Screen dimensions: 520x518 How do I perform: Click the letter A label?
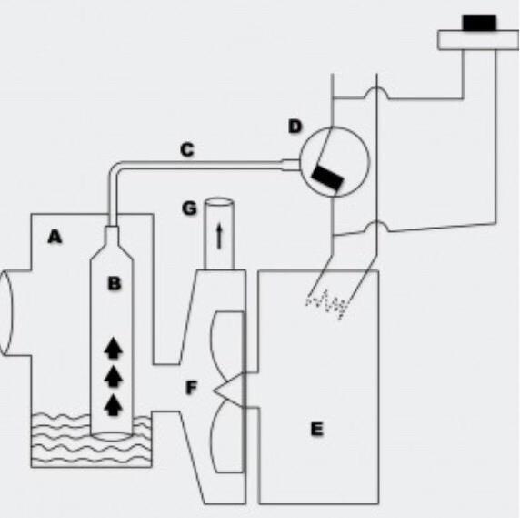(x=55, y=237)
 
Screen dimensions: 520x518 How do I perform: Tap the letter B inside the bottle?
(x=115, y=283)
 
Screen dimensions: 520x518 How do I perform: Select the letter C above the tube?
(x=187, y=149)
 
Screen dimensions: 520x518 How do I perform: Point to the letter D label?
(x=295, y=127)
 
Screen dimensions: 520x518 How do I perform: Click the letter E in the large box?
(x=316, y=429)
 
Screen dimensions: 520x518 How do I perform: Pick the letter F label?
(x=191, y=388)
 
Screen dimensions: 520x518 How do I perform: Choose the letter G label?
(x=189, y=208)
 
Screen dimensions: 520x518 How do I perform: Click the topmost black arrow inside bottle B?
(x=114, y=348)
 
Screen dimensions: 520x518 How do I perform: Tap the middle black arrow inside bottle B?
(x=114, y=376)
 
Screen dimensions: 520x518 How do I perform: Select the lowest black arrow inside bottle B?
(x=114, y=405)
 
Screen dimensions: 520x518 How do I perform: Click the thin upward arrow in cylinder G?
(x=219, y=236)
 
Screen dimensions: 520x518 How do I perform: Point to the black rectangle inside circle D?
(x=327, y=178)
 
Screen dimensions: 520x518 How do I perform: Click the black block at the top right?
(x=479, y=23)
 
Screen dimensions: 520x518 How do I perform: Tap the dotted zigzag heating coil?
(x=326, y=304)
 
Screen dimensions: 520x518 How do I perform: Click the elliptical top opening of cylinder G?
(x=219, y=202)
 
